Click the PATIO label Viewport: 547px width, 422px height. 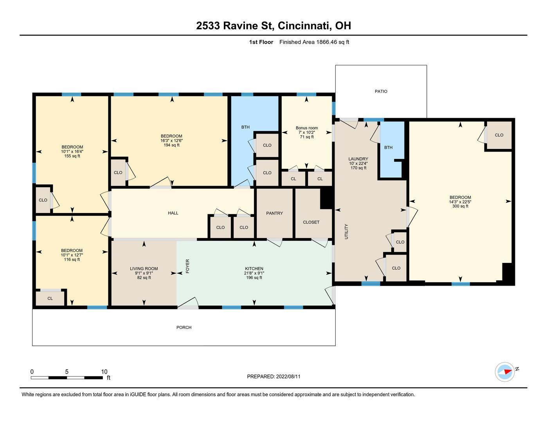tap(381, 91)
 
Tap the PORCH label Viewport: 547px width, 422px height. tap(184, 327)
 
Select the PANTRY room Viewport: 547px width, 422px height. tap(274, 213)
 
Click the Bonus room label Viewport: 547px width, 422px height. tap(307, 128)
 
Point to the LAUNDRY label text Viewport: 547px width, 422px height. tap(358, 159)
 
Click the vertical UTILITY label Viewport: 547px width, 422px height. tap(346, 231)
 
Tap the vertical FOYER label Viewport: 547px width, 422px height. tap(187, 266)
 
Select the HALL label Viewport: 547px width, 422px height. tap(173, 213)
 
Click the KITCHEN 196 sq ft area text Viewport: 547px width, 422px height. tap(254, 278)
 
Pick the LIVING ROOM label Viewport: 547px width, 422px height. tap(144, 269)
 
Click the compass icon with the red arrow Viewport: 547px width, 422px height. tap(504, 372)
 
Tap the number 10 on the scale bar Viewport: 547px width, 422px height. tap(104, 372)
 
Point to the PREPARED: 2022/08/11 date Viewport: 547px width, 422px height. tap(273, 377)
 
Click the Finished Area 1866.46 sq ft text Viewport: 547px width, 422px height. tap(314, 42)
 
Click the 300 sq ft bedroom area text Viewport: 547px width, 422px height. tap(460, 206)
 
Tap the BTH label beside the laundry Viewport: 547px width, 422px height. tap(388, 148)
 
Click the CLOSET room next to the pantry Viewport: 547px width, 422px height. tap(311, 222)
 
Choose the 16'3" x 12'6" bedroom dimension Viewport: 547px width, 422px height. tap(171, 141)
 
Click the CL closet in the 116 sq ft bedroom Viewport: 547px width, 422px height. tap(50, 299)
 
